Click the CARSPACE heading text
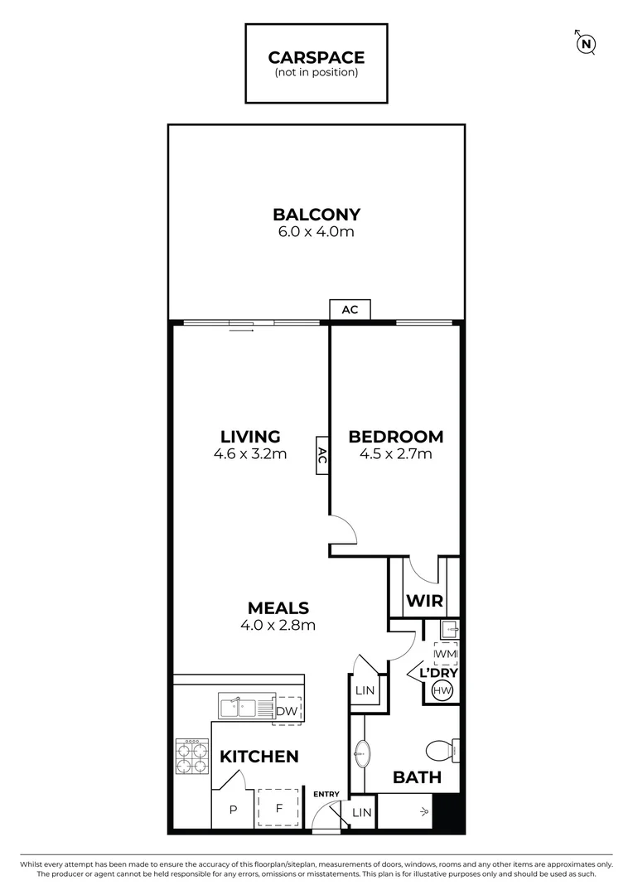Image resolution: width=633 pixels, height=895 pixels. [x=316, y=57]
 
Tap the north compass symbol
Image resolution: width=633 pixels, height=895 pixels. [x=587, y=44]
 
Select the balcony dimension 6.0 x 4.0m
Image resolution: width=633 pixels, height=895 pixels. [x=316, y=232]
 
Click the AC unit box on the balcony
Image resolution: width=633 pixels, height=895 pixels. [x=350, y=310]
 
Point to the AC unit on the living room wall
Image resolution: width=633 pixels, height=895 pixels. [x=322, y=455]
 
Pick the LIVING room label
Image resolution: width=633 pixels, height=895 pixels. [x=250, y=437]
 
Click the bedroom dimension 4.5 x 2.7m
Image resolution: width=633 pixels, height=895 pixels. [x=395, y=454]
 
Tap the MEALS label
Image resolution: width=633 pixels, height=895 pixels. [x=278, y=607]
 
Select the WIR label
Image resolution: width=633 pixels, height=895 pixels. [x=423, y=601]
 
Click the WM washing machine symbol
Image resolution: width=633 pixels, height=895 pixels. [x=445, y=655]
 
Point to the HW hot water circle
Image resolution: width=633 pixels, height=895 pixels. [x=442, y=691]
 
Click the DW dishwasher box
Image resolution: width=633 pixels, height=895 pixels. [x=286, y=710]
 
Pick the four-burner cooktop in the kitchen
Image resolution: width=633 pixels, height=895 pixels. [x=191, y=757]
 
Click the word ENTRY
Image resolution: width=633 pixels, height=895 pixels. [x=326, y=795]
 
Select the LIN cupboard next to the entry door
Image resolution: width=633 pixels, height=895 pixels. [x=362, y=813]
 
